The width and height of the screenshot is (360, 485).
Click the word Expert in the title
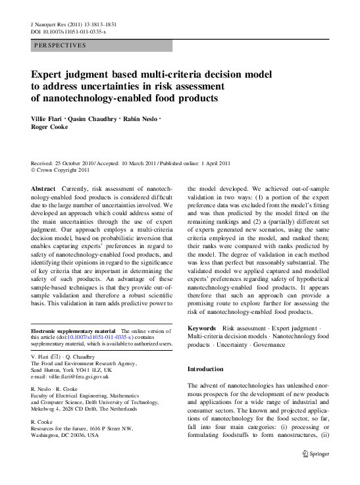point(50,74)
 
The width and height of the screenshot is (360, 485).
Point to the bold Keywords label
point(202,328)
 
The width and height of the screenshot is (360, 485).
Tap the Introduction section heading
point(205,369)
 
